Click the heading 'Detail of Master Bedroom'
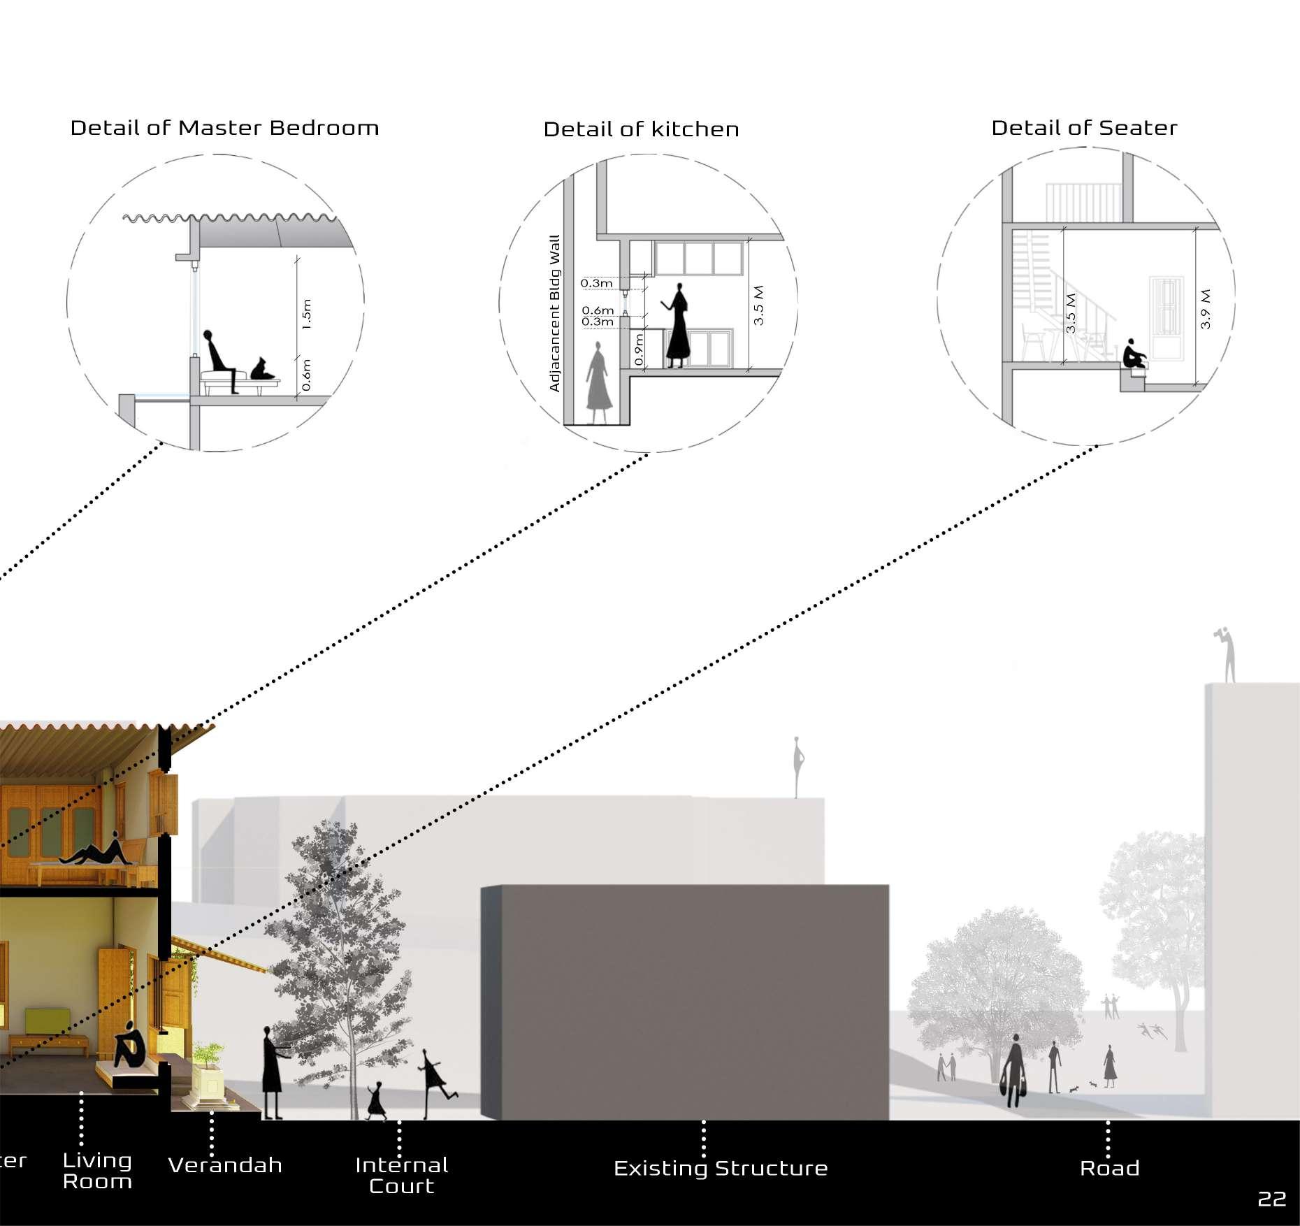pyautogui.click(x=224, y=128)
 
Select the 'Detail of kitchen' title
pyautogui.click(x=641, y=129)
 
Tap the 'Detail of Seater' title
pyautogui.click(x=1084, y=128)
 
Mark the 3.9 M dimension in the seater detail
pyautogui.click(x=1205, y=309)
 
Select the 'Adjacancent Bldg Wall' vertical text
pyautogui.click(x=555, y=313)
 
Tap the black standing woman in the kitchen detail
pyautogui.click(x=677, y=326)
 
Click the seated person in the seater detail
pyautogui.click(x=1133, y=355)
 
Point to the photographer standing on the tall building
pyautogui.click(x=1227, y=654)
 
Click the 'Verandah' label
pyautogui.click(x=225, y=1165)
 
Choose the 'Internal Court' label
pyautogui.click(x=401, y=1175)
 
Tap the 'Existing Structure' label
pyautogui.click(x=721, y=1168)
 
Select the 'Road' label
pyautogui.click(x=1109, y=1168)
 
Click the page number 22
pyautogui.click(x=1271, y=1199)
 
